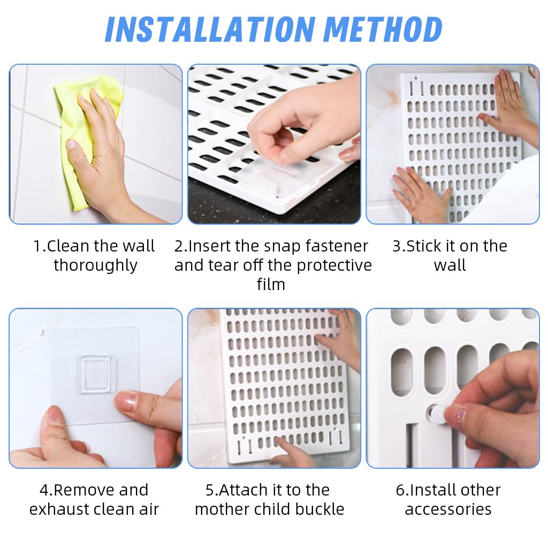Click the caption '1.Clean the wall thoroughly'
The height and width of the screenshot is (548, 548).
coord(95,256)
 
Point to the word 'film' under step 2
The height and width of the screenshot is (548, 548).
coord(271,284)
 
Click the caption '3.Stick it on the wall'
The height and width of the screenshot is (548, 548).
coord(450,256)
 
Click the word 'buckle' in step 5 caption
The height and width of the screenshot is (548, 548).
coord(320,509)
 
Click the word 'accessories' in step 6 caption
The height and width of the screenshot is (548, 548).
coord(448,509)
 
